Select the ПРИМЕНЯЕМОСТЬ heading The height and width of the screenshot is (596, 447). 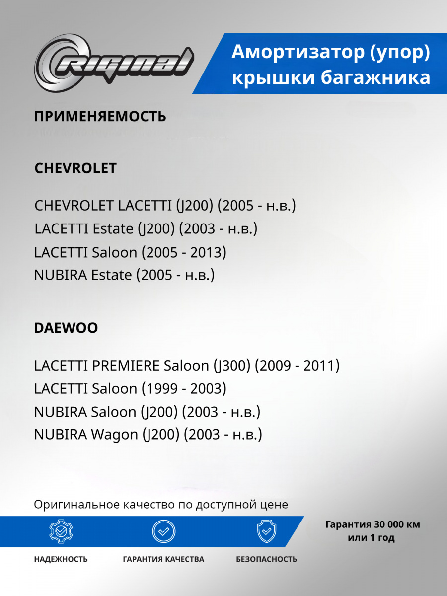[x=100, y=117]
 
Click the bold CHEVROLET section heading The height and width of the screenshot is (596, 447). [x=75, y=168]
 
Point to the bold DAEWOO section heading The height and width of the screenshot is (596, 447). [x=66, y=328]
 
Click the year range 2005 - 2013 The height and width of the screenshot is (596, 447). [x=184, y=252]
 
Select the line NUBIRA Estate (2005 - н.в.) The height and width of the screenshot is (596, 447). [x=124, y=275]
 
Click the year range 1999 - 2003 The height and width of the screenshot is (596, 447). [x=184, y=389]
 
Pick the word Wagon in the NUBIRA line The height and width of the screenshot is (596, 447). [x=114, y=435]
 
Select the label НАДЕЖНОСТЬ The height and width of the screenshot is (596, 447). [x=61, y=559]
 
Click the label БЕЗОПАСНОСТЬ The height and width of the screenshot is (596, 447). [x=266, y=559]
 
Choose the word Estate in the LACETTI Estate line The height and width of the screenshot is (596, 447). [x=113, y=229]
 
